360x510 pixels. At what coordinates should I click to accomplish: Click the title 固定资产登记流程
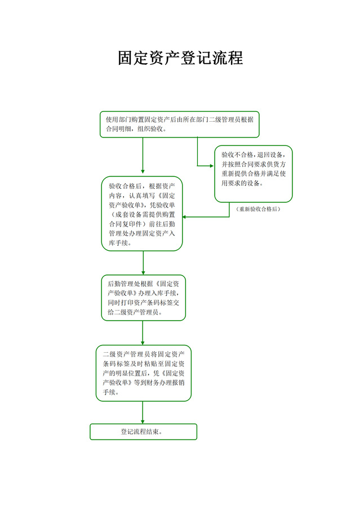tap(180, 58)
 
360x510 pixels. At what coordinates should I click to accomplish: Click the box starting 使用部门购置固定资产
tap(179, 124)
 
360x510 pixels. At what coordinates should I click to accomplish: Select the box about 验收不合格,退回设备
tap(253, 174)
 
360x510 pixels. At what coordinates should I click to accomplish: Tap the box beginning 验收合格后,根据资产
tap(143, 214)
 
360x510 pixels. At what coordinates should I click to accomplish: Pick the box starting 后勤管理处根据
tap(143, 298)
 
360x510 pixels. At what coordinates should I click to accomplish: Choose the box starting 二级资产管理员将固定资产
tap(143, 372)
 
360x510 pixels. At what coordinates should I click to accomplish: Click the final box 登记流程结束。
tap(143, 432)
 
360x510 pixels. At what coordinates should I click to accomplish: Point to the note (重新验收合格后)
tap(258, 209)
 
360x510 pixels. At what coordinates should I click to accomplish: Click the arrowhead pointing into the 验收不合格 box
tap(211, 166)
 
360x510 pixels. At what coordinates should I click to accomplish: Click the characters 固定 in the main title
tap(134, 58)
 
